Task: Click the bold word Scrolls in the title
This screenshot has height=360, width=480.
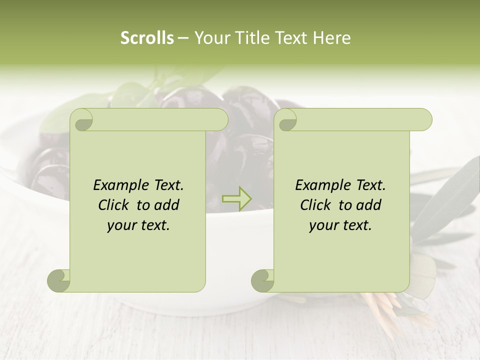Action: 147,38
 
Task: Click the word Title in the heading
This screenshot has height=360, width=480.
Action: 251,38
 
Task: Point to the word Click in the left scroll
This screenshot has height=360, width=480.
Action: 112,205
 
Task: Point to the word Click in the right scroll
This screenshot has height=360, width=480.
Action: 314,205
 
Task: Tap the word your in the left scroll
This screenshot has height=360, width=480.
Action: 120,225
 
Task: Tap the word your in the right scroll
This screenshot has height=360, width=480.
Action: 322,225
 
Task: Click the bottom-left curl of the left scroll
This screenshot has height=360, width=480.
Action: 59,280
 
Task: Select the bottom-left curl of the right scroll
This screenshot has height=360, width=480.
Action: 263,280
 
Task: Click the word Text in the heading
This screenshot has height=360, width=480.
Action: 291,38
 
